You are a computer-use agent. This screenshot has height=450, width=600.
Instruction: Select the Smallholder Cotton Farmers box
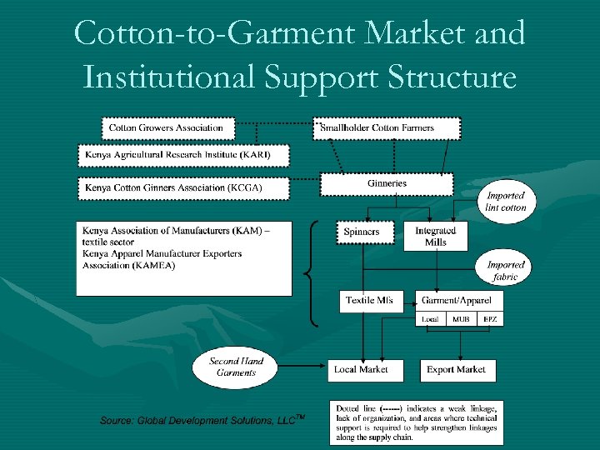click(x=385, y=127)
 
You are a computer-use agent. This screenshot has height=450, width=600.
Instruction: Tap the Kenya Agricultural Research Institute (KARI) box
click(x=184, y=156)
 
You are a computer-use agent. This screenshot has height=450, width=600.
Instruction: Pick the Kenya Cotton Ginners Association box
click(x=183, y=188)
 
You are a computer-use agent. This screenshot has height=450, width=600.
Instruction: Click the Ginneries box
click(x=387, y=184)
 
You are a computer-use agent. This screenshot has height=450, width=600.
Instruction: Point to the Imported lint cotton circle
click(x=507, y=202)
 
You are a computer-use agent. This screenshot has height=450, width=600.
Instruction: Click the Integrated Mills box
click(x=435, y=236)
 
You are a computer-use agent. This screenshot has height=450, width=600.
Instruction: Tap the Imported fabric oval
click(x=506, y=271)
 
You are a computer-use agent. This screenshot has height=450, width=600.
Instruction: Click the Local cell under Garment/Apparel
click(x=431, y=319)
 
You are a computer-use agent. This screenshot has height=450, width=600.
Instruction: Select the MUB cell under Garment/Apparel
click(x=461, y=319)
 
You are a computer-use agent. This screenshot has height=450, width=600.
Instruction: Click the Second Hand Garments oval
click(x=236, y=367)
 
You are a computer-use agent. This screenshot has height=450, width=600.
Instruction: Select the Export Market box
click(x=457, y=369)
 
